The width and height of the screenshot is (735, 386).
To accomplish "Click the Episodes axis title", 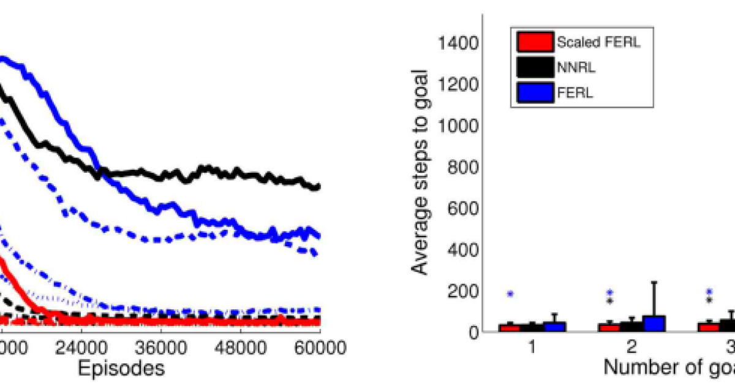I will [122, 369].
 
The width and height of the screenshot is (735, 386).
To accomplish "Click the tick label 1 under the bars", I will [531, 348].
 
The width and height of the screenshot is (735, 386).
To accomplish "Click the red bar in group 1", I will [510, 328].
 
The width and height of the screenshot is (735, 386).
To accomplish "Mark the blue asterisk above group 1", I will [510, 294].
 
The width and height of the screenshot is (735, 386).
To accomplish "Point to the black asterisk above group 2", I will [610, 301].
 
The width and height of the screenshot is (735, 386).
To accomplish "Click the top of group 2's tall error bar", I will [654, 282].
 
